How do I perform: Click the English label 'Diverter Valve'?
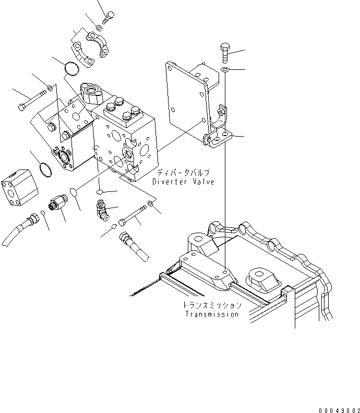tap(183, 181)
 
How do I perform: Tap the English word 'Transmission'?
tap(212, 314)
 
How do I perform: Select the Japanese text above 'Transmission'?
tap(212, 306)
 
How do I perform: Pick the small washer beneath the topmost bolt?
tap(99, 27)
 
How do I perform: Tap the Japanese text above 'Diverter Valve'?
tap(183, 173)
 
